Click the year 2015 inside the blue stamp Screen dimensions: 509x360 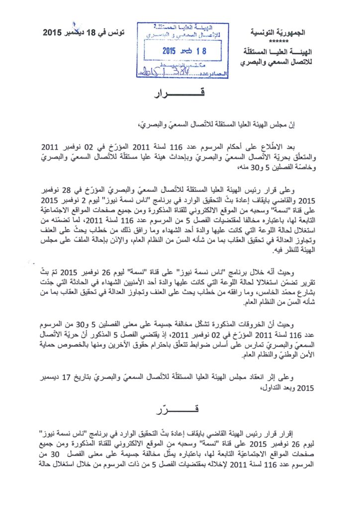[170, 50]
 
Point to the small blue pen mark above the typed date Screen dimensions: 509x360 [75, 23]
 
